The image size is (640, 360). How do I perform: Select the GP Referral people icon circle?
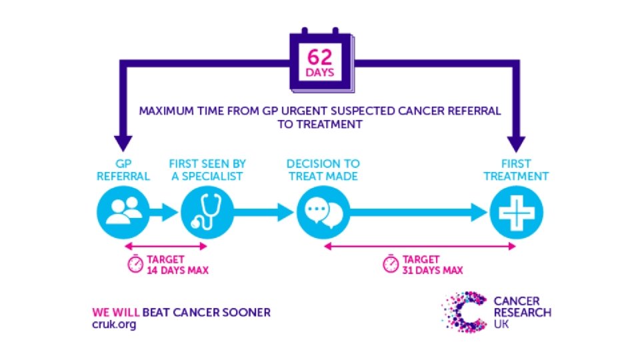pyautogui.click(x=123, y=213)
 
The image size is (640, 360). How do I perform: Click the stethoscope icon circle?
pyautogui.click(x=207, y=213)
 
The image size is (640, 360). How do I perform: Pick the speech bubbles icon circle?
pyautogui.click(x=323, y=213)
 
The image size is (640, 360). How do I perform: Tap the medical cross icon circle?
pyautogui.click(x=516, y=213)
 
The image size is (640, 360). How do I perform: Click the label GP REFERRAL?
pyautogui.click(x=123, y=170)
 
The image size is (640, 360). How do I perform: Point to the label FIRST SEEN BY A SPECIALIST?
pyautogui.click(x=207, y=170)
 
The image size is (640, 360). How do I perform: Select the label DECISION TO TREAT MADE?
pyautogui.click(x=323, y=170)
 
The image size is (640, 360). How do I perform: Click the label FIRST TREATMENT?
pyautogui.click(x=516, y=170)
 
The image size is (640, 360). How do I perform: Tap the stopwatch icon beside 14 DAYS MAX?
pyautogui.click(x=135, y=264)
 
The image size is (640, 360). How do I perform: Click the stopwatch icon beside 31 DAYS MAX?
pyautogui.click(x=390, y=264)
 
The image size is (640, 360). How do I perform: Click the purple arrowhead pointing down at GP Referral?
pyautogui.click(x=123, y=143)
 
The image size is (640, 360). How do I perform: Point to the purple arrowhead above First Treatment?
pyautogui.click(x=516, y=143)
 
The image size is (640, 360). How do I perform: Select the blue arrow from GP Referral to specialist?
pyautogui.click(x=163, y=213)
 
